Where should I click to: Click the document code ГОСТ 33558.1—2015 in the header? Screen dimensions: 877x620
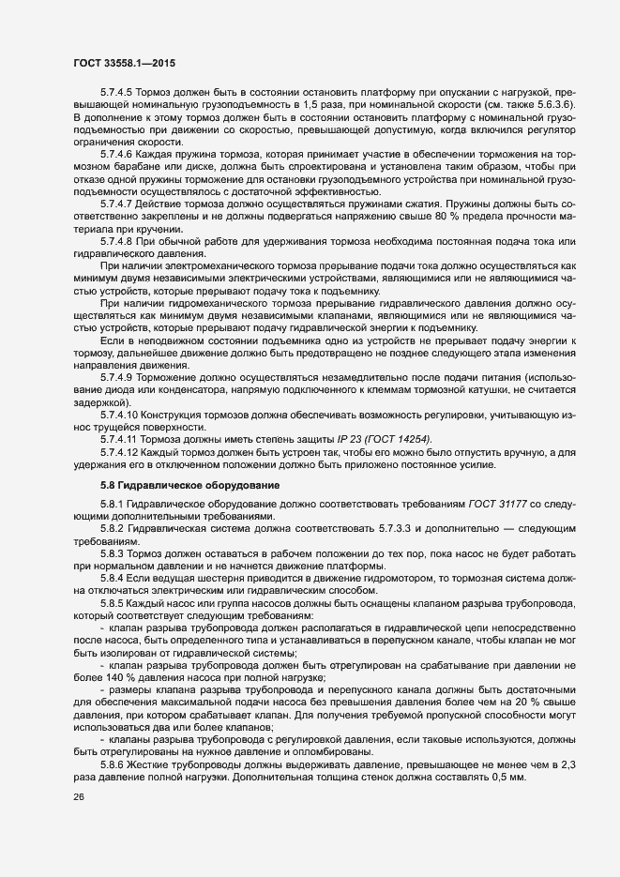point(124,63)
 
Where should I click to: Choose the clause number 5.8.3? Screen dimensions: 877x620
point(113,555)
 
